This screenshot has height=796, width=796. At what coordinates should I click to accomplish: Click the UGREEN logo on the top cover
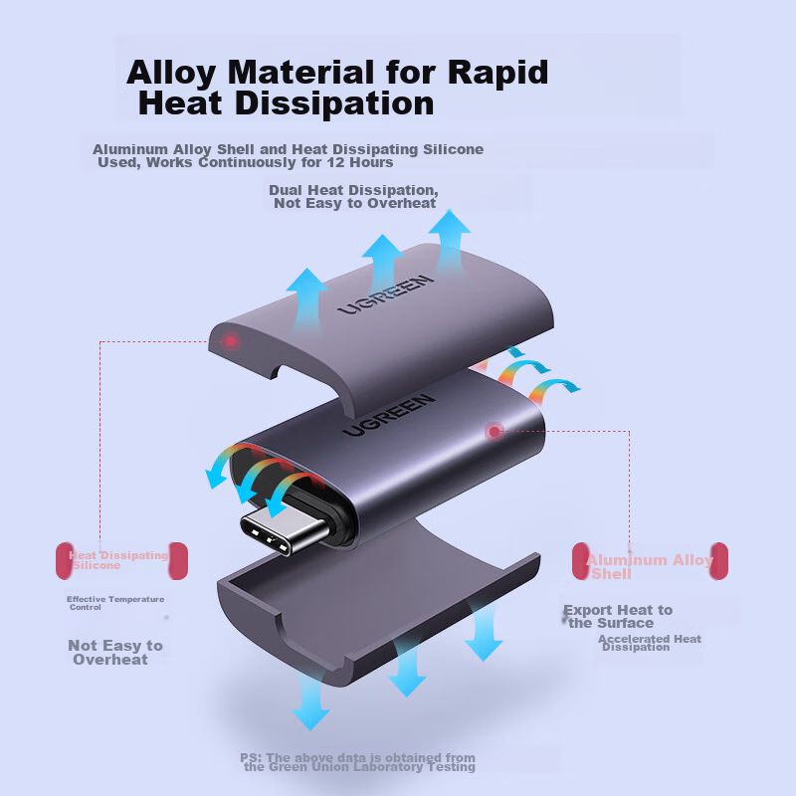[x=385, y=295]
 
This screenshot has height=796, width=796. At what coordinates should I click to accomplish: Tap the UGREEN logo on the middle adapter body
[x=389, y=414]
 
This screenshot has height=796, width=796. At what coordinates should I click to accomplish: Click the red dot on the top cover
[x=232, y=342]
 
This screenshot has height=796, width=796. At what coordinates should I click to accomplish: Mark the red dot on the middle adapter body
[x=495, y=431]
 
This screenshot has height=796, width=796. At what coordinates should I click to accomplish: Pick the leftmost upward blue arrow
[x=305, y=294]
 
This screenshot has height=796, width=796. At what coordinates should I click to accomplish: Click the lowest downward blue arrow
[x=310, y=705]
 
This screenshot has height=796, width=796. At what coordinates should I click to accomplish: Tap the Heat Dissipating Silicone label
[x=118, y=560]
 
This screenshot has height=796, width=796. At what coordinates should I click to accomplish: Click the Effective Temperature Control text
[x=114, y=603]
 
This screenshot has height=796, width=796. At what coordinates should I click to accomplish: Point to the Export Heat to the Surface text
[x=617, y=616]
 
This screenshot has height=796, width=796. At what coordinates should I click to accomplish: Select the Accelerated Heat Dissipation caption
[x=650, y=643]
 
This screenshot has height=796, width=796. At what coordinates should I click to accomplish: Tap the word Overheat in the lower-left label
[x=110, y=659]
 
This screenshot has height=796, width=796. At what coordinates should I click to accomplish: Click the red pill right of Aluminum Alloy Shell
[x=718, y=561]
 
